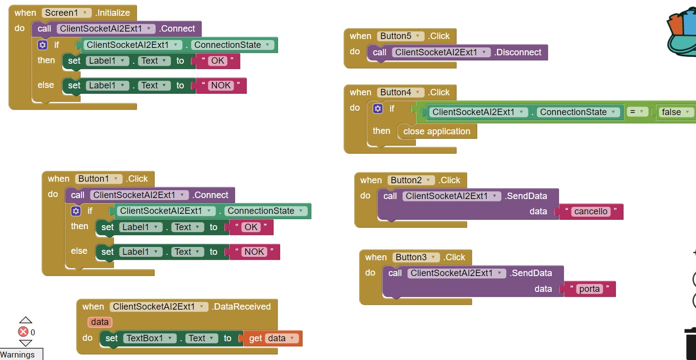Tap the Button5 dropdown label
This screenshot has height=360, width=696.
coord(400,36)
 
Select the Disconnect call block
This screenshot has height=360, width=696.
coord(457,52)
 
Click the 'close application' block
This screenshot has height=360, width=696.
coord(437,131)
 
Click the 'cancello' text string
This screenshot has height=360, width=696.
coord(591,211)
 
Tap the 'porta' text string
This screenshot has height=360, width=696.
coord(589,289)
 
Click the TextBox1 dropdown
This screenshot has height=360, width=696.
coord(150,338)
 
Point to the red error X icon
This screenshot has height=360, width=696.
coord(23,332)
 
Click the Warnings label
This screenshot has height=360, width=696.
coord(17,355)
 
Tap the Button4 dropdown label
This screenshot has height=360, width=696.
coord(400,92)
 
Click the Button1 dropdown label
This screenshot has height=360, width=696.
coord(98,179)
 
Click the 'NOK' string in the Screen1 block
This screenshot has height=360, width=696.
coord(221,85)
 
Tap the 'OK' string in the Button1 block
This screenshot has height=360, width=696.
coord(251,227)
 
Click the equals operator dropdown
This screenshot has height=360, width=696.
coord(637,112)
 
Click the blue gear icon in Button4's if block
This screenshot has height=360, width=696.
coord(378,109)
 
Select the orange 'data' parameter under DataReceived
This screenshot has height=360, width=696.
coord(100,322)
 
